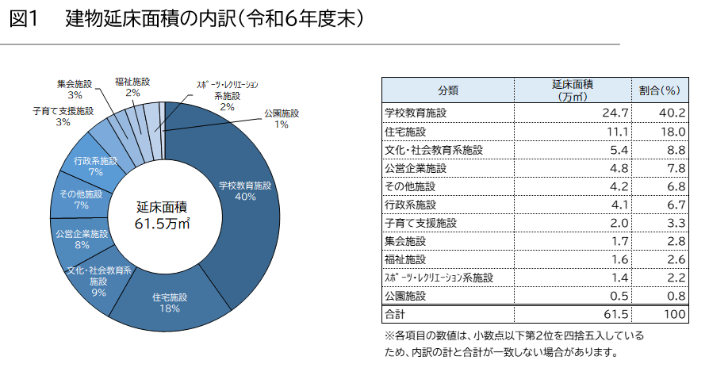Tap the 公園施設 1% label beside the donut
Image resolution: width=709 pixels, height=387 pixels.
(x=282, y=119)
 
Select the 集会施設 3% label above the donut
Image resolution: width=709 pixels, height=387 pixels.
(x=75, y=89)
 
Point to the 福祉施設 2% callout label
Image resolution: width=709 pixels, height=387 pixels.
(x=132, y=86)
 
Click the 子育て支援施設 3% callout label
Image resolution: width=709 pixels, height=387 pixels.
(x=63, y=117)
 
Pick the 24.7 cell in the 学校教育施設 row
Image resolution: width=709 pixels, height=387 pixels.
(x=615, y=113)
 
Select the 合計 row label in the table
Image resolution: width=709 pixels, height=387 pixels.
(x=394, y=314)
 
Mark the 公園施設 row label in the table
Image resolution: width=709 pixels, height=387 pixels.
(x=404, y=296)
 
